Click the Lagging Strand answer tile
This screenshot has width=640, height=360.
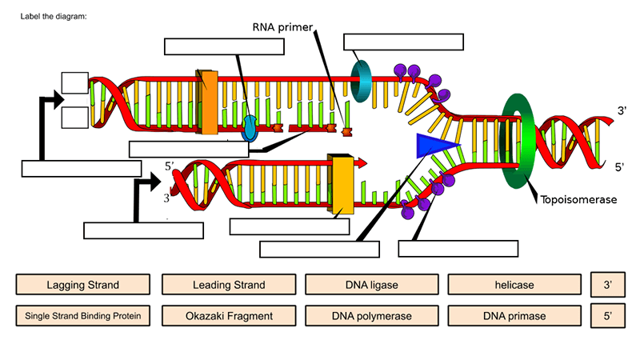pos(83,285)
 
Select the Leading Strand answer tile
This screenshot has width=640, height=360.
pos(229,285)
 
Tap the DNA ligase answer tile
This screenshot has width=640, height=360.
pos(372,285)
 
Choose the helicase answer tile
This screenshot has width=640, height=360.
pos(514,285)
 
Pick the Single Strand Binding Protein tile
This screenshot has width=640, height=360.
pos(83,316)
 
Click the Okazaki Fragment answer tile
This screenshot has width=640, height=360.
pos(229,316)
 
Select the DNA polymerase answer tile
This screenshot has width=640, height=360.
pos(372,316)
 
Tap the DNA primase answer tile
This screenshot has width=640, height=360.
pos(514,316)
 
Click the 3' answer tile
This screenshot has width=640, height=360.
pos(608,285)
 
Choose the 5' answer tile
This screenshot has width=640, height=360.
pos(608,316)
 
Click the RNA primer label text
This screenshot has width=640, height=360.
pos(281,27)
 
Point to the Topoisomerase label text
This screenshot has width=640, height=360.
pos(578,200)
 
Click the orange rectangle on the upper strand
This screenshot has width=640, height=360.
pos(207,102)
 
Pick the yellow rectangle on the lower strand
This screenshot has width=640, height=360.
pos(342,186)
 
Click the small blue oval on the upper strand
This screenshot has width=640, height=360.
pos(250,126)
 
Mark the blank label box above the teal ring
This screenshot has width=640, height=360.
pos(403,42)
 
